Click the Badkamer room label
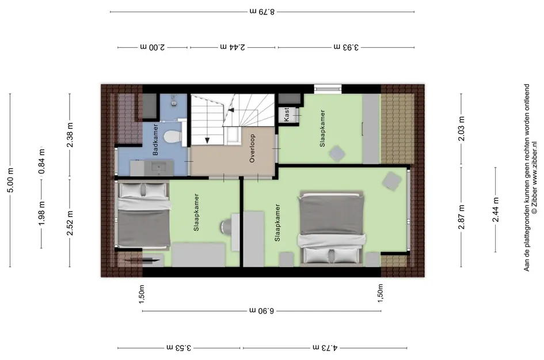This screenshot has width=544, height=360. [x=155, y=139]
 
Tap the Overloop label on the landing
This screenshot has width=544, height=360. [x=252, y=148]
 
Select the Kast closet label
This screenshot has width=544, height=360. [x=287, y=115]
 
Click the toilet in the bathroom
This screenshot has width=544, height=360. [x=172, y=136]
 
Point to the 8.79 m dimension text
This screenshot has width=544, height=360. [x=262, y=12]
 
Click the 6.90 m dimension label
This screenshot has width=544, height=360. [x=261, y=310]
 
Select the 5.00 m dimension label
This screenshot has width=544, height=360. [x=10, y=180]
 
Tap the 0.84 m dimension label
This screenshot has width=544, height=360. [x=41, y=161]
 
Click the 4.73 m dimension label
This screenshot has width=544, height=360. [x=325, y=347]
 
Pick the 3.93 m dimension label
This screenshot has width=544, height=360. [x=346, y=47]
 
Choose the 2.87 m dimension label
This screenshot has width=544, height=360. [x=462, y=217]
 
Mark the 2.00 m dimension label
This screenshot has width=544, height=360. [x=153, y=47]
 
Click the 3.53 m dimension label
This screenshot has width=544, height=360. [x=178, y=347]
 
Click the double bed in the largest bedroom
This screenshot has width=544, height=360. [x=332, y=228]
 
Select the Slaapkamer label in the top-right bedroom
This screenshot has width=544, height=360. [x=322, y=128]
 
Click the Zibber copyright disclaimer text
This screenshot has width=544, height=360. [x=530, y=177]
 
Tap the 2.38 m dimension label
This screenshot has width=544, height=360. [x=70, y=135]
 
